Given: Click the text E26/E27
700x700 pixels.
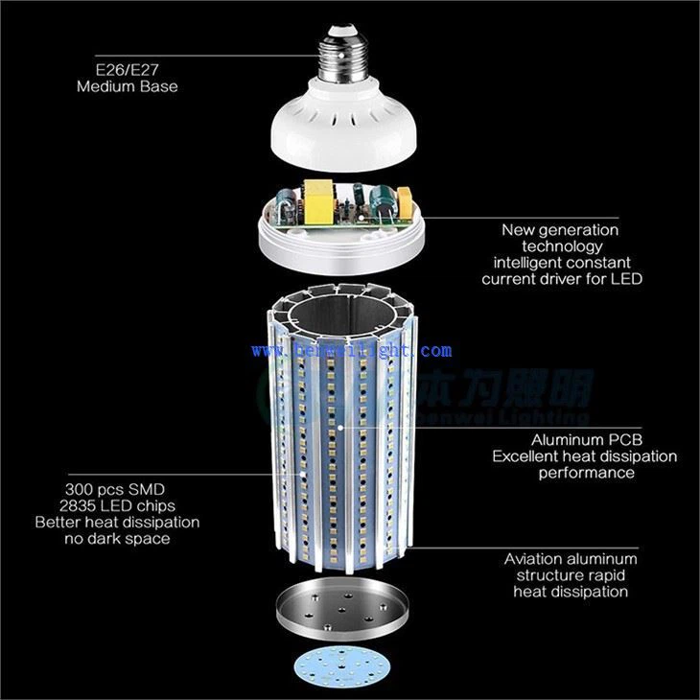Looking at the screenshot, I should pos(127,69).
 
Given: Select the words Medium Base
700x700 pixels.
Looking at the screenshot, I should pos(127,86).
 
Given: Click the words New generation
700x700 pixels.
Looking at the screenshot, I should pos(560,229).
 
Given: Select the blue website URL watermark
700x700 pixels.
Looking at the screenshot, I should pos(352,352).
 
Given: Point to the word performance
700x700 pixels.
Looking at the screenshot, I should pos(585,472).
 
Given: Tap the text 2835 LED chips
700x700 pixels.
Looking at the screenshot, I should pos(117,505).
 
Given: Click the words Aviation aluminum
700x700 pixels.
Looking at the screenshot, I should pos(571,558).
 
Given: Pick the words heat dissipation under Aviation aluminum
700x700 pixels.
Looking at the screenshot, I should pos(571,592).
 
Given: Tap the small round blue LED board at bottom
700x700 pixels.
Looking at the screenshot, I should pos(341,667).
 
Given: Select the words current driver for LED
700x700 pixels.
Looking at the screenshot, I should pos(561,279).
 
